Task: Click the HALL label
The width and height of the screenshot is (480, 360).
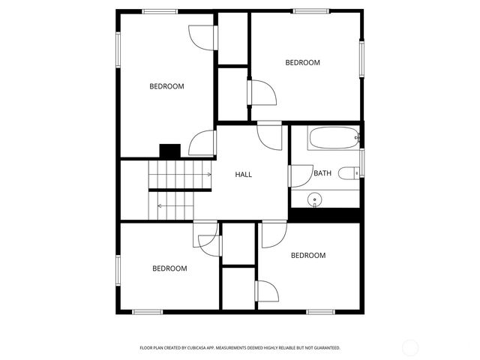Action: [243, 175]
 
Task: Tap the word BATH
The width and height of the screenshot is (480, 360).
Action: [322, 173]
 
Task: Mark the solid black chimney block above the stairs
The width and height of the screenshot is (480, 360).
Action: [170, 151]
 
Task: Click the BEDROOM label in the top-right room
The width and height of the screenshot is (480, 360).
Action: [302, 63]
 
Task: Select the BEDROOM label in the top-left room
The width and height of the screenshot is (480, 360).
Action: [166, 86]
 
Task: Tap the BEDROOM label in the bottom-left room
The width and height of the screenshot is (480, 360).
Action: [169, 268]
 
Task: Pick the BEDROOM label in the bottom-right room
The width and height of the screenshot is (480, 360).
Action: [308, 256]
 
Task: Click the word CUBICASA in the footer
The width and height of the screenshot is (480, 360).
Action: [219, 348]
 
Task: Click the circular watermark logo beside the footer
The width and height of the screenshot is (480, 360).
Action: [410, 347]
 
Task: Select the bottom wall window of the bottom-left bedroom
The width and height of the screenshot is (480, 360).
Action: [147, 311]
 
